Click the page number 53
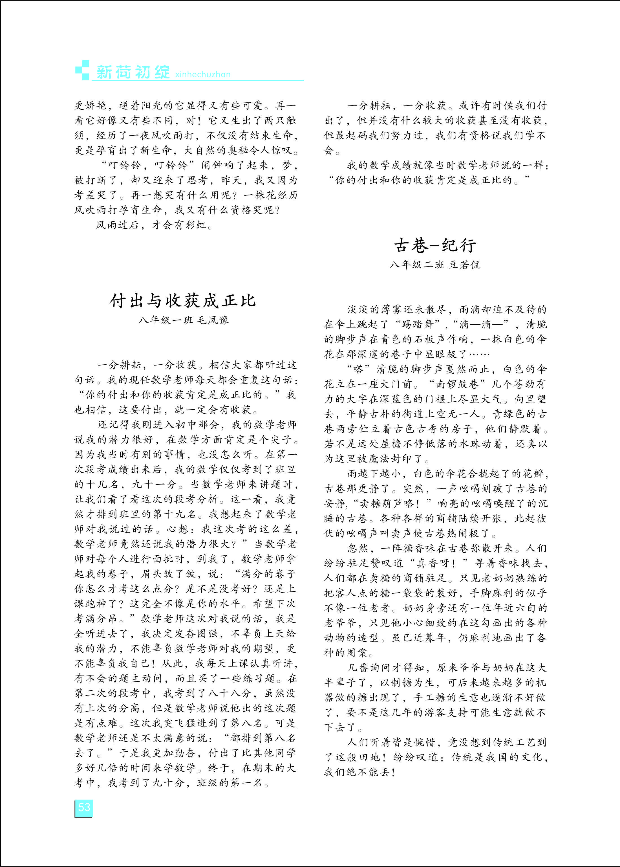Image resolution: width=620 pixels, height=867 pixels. [84, 807]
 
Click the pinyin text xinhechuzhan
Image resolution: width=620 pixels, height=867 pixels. [203, 74]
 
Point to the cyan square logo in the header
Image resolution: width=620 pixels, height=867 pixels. [82, 70]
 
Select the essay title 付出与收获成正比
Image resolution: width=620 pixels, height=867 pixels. [183, 301]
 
